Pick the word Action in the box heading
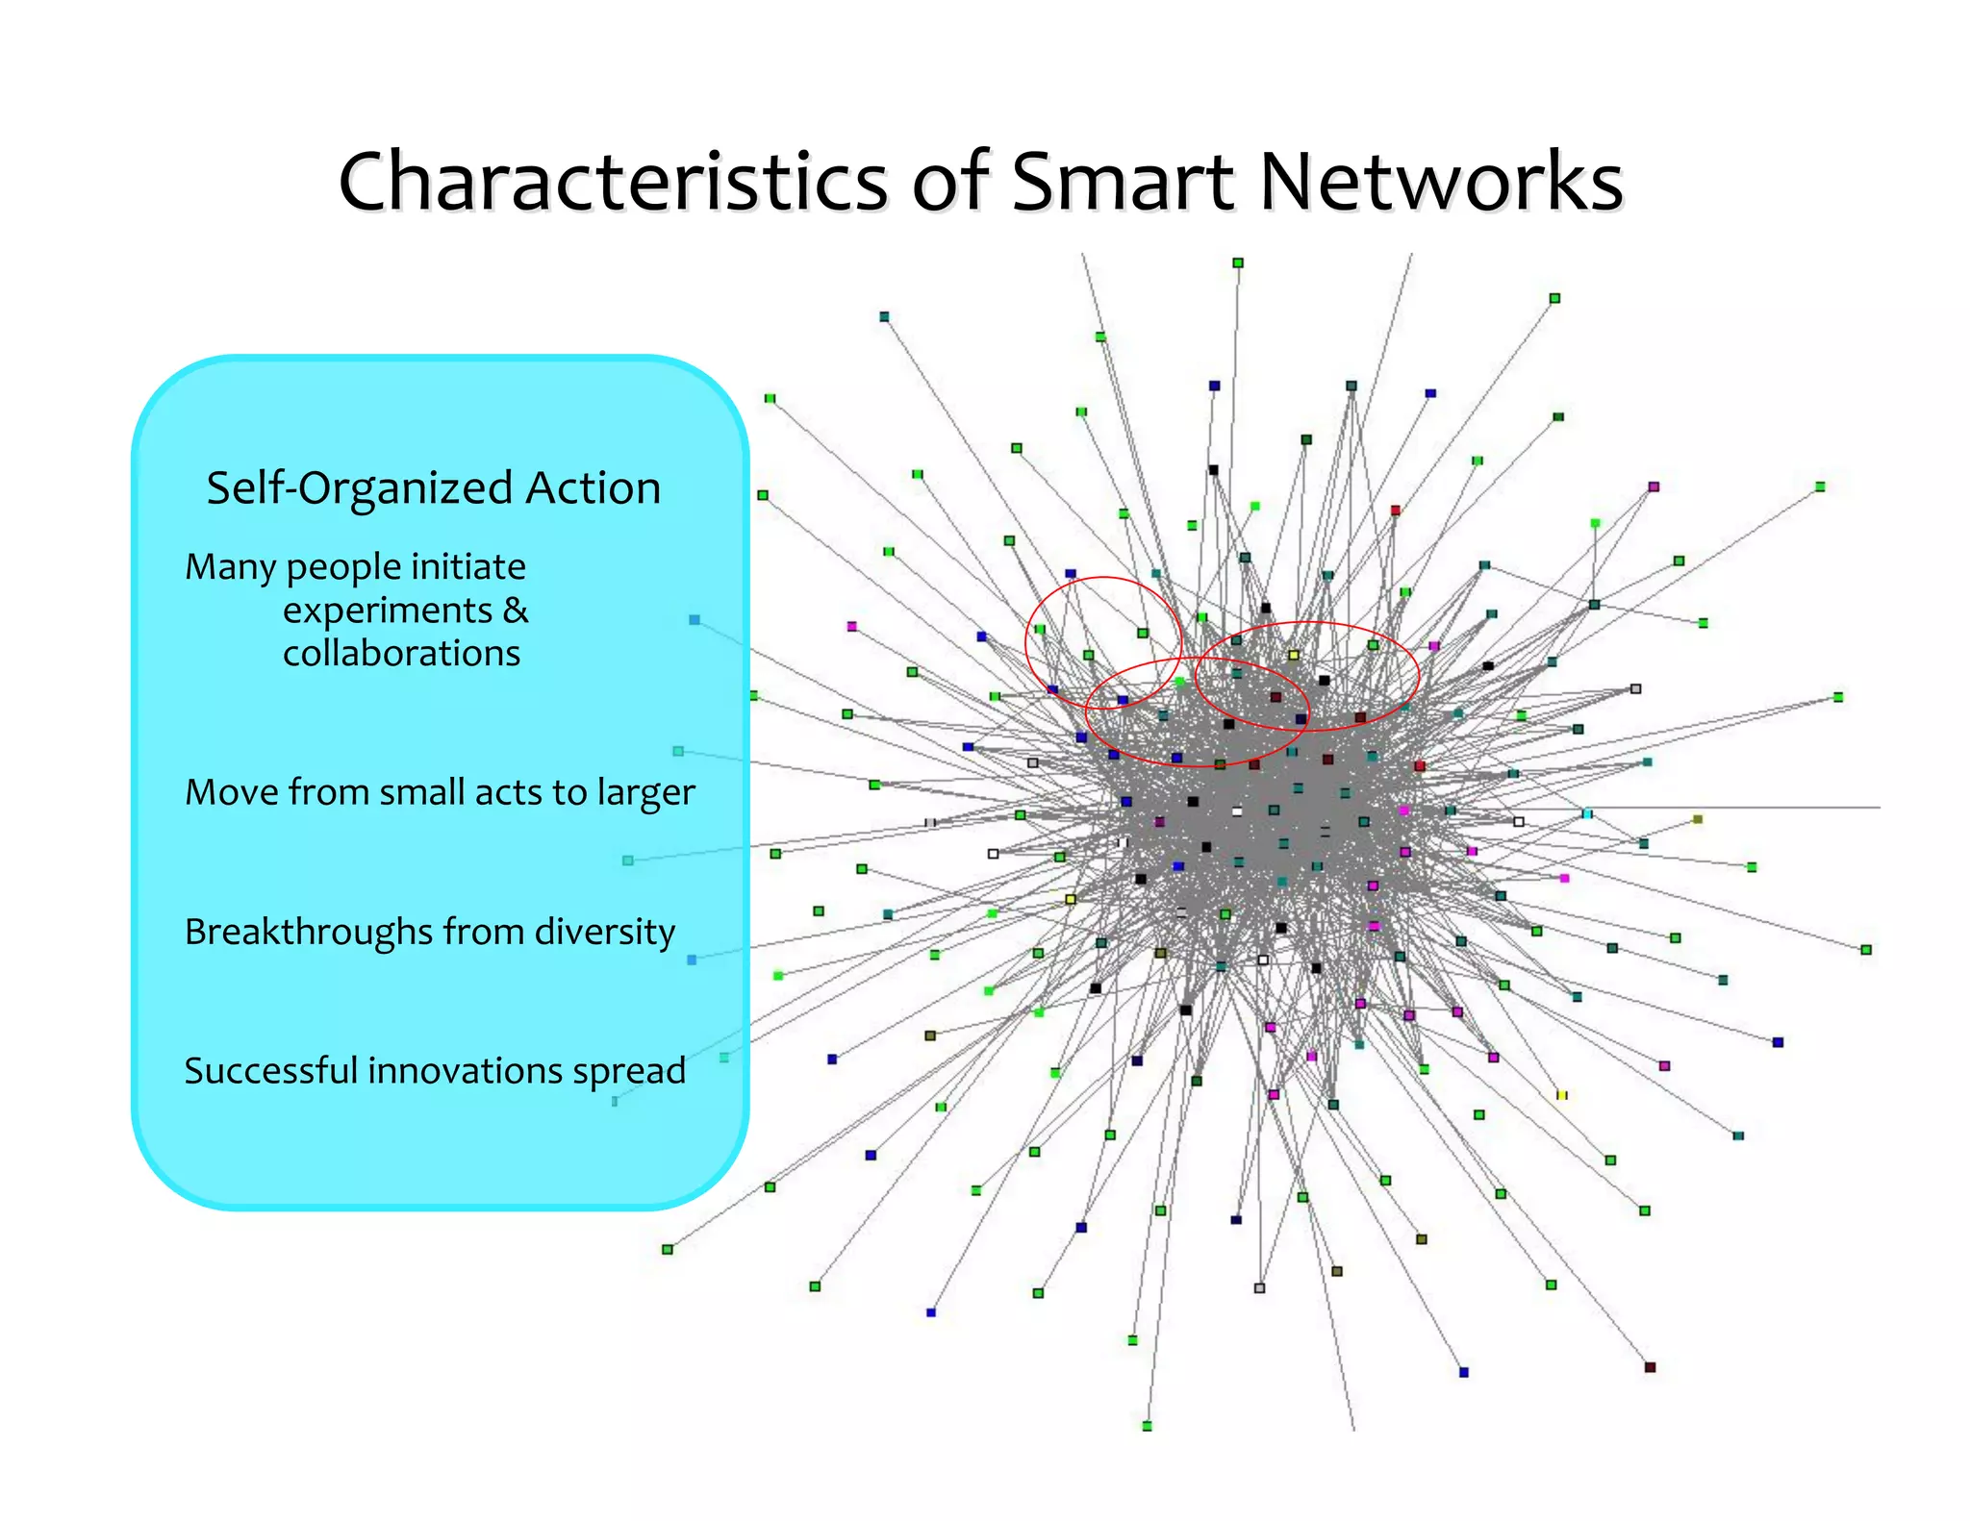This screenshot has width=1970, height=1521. click(x=593, y=487)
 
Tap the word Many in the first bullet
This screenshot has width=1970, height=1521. click(x=231, y=568)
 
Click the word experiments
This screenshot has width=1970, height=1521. click(x=387, y=611)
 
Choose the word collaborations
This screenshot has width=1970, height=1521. click(x=401, y=654)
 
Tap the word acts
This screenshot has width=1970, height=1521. click(x=509, y=792)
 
